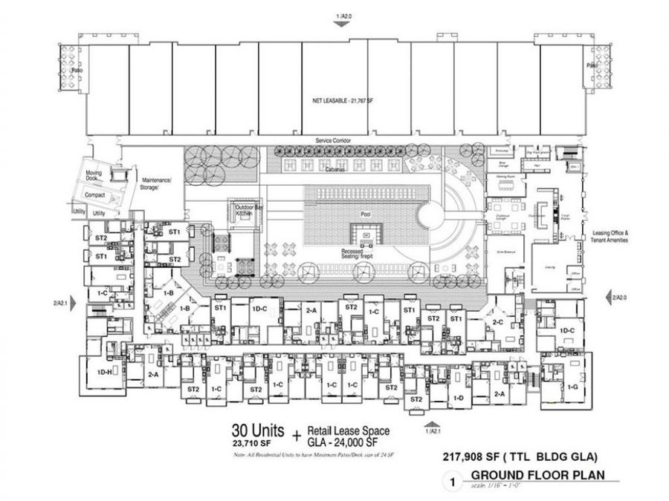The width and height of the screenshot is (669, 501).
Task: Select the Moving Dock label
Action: coord(94,174)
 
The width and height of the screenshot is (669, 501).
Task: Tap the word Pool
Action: coord(365,215)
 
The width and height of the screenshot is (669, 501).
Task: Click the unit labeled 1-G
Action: coord(572,387)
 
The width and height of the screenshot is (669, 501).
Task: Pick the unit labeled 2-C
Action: coord(497,322)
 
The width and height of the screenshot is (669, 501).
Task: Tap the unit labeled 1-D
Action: coord(459,399)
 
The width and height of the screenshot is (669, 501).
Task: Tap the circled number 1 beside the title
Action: coord(448,482)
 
